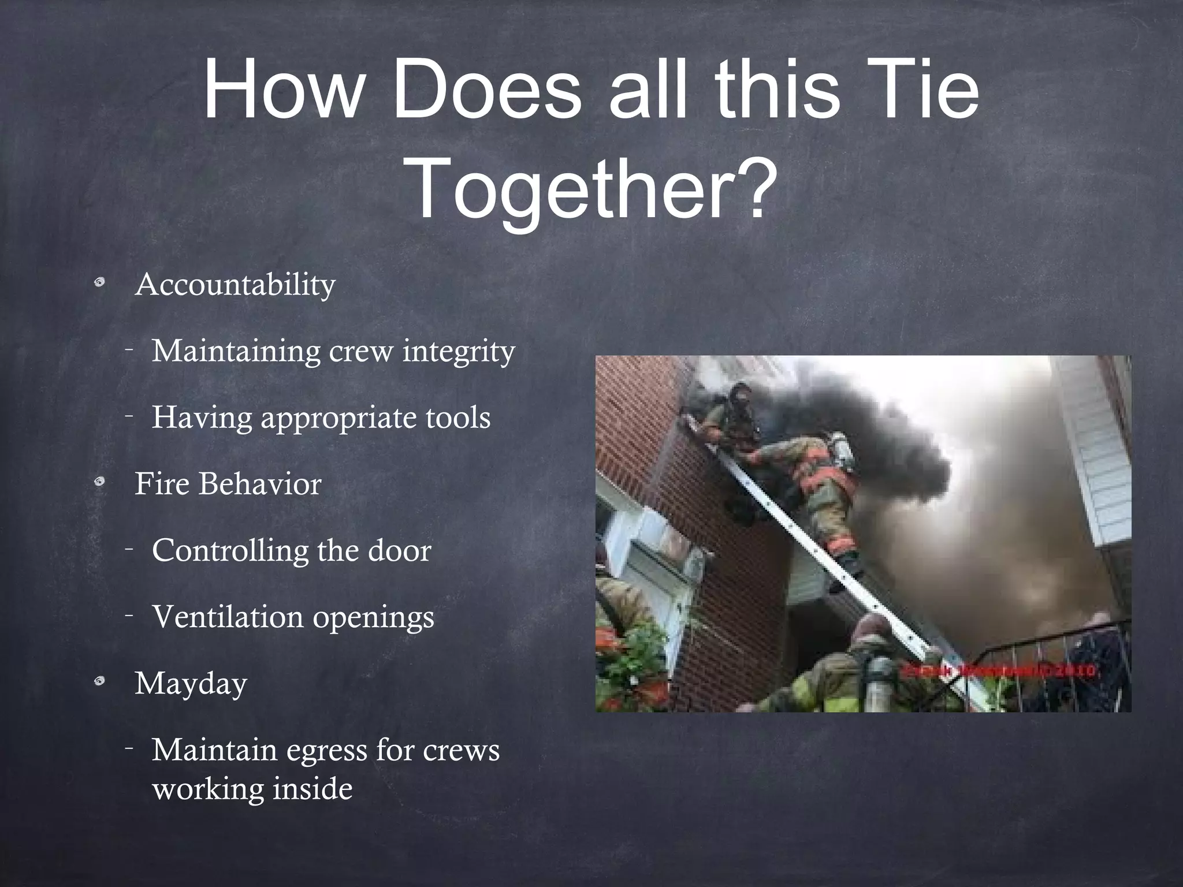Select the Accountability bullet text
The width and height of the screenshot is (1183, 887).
pyautogui.click(x=235, y=285)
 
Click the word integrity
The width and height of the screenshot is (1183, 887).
pyautogui.click(x=459, y=351)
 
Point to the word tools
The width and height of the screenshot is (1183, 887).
pyautogui.click(x=458, y=417)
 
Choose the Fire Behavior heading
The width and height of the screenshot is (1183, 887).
pyautogui.click(x=228, y=483)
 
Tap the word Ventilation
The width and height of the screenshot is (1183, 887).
pyautogui.click(x=228, y=617)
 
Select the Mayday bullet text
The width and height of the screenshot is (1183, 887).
pyautogui.click(x=191, y=684)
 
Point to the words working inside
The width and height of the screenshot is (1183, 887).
pyautogui.click(x=252, y=789)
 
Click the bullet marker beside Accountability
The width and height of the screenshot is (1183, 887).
pyautogui.click(x=100, y=283)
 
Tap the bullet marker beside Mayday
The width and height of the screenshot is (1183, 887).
pyautogui.click(x=100, y=682)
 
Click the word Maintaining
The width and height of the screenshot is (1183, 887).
pyautogui.click(x=236, y=351)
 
